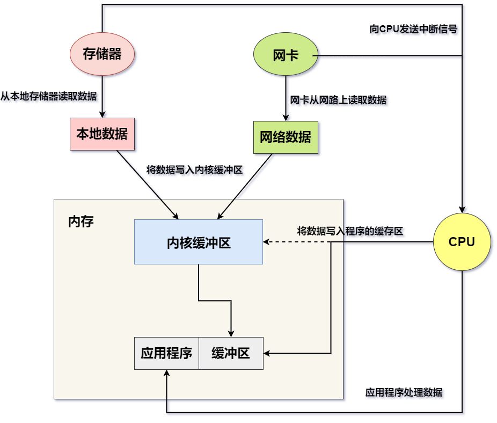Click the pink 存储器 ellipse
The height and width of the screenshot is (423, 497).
click(102, 54)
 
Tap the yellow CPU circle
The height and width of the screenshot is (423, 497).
click(462, 242)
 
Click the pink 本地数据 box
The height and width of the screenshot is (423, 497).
click(102, 134)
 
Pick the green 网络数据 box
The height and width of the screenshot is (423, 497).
click(286, 137)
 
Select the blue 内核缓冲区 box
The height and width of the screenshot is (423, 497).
click(199, 242)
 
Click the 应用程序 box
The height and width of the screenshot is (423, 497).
click(166, 353)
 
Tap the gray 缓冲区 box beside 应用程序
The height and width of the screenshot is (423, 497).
click(231, 353)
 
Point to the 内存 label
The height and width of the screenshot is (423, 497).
click(81, 221)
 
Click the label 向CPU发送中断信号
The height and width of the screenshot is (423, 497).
click(413, 29)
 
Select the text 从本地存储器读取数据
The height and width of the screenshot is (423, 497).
click(49, 96)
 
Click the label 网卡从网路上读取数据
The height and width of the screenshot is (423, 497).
click(338, 100)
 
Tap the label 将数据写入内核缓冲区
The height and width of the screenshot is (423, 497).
click(194, 170)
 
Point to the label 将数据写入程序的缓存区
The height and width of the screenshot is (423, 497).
click(350, 231)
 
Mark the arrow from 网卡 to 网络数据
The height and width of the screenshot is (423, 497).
click(286, 97)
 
